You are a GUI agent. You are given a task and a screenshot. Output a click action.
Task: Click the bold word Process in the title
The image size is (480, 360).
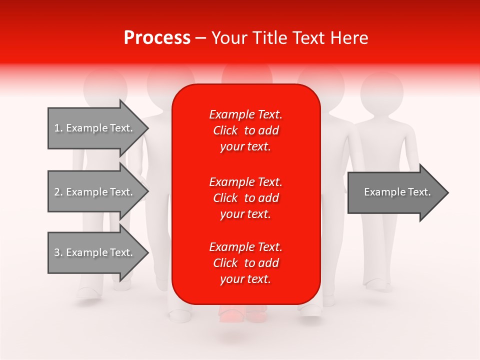click(x=157, y=38)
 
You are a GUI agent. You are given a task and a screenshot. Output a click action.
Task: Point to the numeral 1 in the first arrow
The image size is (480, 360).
click(x=57, y=128)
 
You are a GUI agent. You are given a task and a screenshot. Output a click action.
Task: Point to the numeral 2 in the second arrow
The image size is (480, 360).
click(x=57, y=192)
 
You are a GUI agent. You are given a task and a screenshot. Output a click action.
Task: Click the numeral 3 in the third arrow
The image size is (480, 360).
click(x=57, y=252)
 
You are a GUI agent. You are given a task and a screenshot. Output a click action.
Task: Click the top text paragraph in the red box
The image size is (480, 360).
click(x=245, y=130)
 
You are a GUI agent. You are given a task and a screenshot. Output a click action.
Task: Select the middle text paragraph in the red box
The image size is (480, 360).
click(x=245, y=198)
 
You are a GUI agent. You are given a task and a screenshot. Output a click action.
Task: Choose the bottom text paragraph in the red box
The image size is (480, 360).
click(x=245, y=263)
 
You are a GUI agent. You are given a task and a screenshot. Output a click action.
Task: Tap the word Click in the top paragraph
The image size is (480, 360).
click(x=225, y=130)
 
